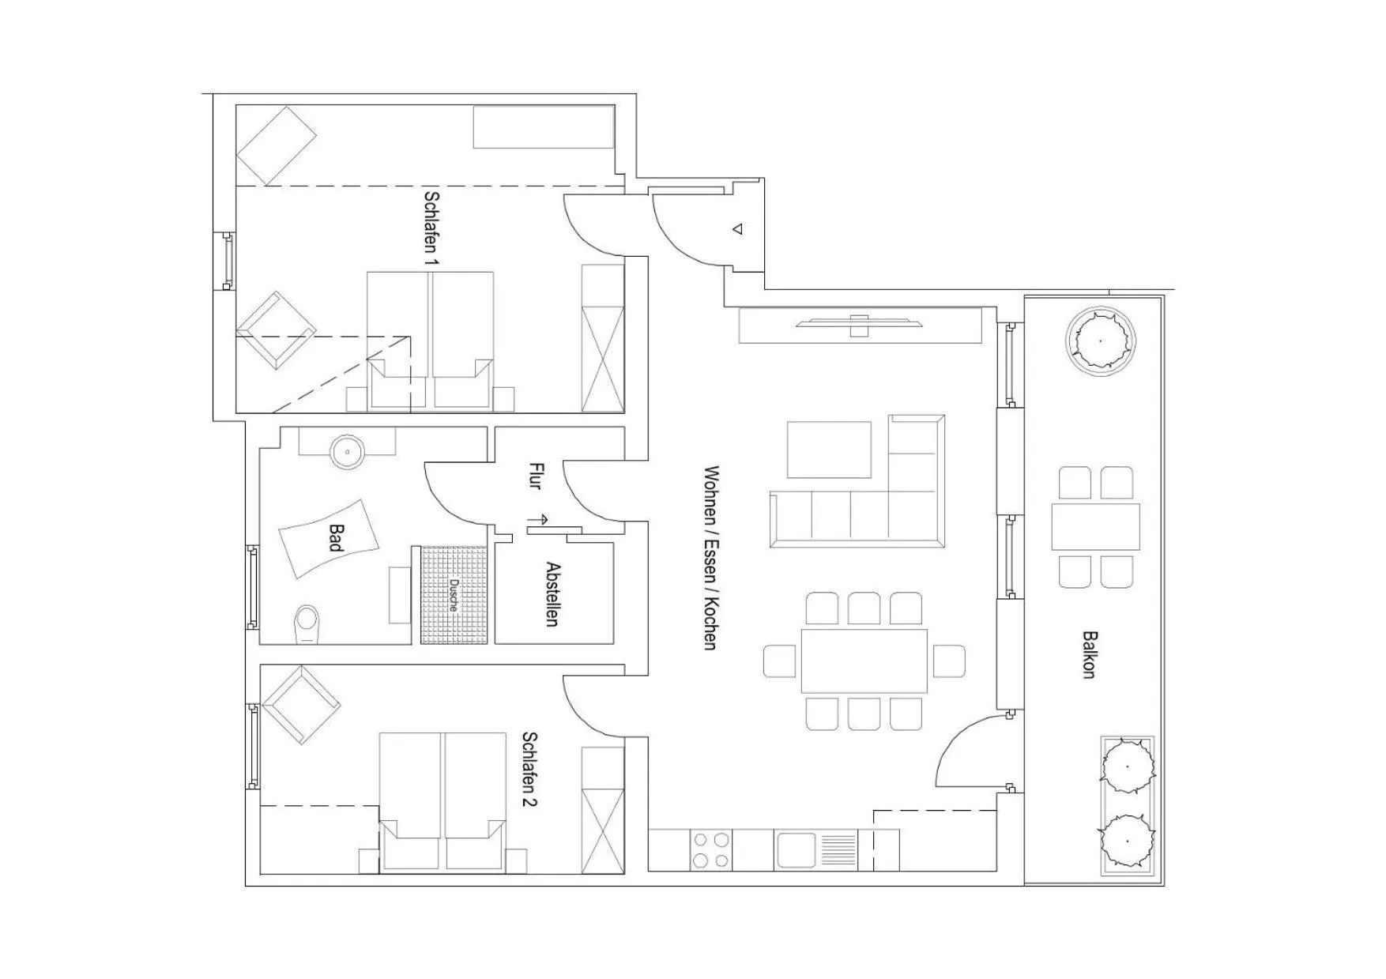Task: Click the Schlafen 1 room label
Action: pos(431,228)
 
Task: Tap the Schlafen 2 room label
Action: pos(529,769)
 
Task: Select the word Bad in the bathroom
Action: pos(335,538)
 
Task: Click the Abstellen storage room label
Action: pos(553,594)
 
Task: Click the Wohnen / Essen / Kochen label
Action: pos(710,558)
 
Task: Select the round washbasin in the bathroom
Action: pos(346,452)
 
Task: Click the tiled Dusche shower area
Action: pos(453,594)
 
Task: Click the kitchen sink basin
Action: pos(797,850)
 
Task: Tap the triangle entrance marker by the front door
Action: pos(737,229)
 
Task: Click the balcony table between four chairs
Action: pos(1095,527)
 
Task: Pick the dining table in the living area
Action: pos(864,661)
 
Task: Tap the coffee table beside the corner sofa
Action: pos(829,450)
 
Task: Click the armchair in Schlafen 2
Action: pos(300,705)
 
